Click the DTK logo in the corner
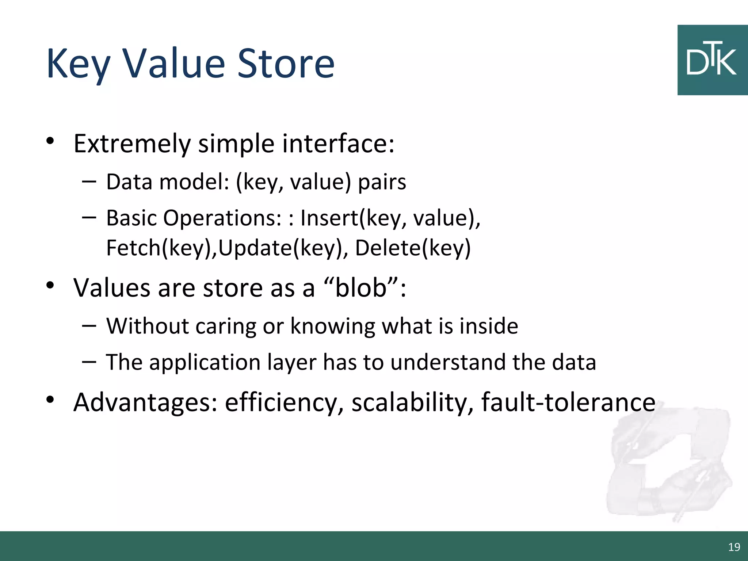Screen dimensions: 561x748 click(712, 60)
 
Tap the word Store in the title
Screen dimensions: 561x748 click(286, 64)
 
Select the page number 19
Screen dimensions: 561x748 click(734, 547)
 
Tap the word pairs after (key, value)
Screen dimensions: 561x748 click(382, 182)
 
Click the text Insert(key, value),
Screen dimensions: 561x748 click(390, 218)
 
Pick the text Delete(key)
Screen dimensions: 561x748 click(413, 248)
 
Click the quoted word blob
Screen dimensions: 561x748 click(360, 288)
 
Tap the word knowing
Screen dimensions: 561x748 click(332, 326)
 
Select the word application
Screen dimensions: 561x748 click(205, 362)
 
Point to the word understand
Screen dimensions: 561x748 click(448, 362)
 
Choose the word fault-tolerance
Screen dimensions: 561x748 click(568, 402)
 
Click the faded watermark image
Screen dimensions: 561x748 click(668, 464)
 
